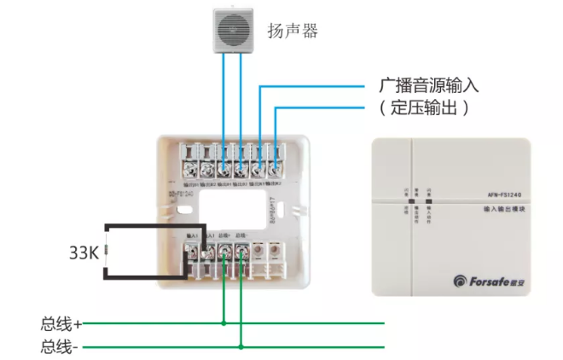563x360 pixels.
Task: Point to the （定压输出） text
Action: point(424,108)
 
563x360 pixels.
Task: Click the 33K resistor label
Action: point(84,253)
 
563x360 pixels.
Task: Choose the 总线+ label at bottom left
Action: point(61,324)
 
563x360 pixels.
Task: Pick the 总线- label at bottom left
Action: point(61,347)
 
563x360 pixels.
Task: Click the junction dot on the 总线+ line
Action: point(224,323)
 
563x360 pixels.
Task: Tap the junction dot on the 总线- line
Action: point(241,347)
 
